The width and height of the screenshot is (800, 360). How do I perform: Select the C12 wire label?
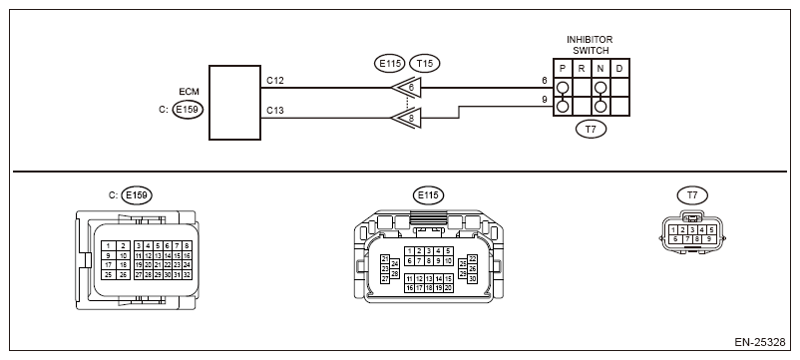point(275,81)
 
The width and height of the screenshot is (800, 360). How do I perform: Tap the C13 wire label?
point(275,111)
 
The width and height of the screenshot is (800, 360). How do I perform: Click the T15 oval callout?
point(425,63)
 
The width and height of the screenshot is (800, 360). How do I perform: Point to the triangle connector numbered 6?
point(407,88)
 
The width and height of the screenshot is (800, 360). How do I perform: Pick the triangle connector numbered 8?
point(407,118)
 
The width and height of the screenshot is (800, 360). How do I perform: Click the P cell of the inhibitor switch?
point(563,69)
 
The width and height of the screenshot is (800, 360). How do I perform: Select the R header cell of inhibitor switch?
point(582,69)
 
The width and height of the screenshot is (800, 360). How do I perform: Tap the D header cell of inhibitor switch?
point(619,69)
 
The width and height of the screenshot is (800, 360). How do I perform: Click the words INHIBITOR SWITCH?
point(590,45)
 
